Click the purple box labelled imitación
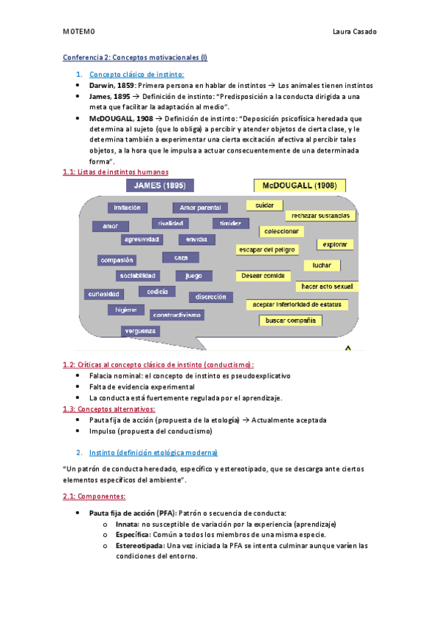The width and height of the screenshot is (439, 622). pos(128,208)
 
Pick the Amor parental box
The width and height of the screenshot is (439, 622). pos(199,208)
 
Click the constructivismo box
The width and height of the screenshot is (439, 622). pos(176,315)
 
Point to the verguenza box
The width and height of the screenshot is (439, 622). pos(140,331)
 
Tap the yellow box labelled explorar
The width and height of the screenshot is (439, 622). pos(336,244)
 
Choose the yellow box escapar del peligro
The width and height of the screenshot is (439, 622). pos(267,249)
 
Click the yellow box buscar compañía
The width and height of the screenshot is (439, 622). pos(291,321)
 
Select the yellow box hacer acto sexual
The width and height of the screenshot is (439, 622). pos(326,286)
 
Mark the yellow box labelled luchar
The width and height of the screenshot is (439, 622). pos(322,265)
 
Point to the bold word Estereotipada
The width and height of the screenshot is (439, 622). pos(139,546)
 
